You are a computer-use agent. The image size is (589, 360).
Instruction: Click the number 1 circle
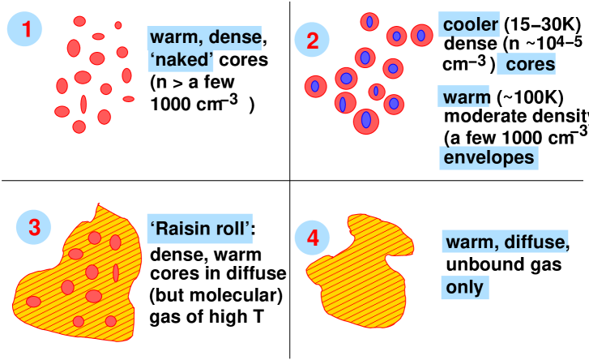pyautogui.click(x=26, y=30)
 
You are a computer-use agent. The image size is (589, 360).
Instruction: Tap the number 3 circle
pyautogui.click(x=34, y=229)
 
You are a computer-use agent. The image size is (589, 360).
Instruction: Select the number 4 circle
pyautogui.click(x=312, y=238)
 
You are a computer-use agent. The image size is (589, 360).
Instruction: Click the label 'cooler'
pyautogui.click(x=470, y=25)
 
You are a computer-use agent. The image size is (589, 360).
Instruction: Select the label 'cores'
pyautogui.click(x=530, y=64)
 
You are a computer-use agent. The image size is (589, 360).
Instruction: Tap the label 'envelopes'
pyautogui.click(x=489, y=157)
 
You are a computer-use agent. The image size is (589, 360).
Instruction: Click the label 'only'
pyautogui.click(x=465, y=287)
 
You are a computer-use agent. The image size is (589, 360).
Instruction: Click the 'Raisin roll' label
pyautogui.click(x=201, y=229)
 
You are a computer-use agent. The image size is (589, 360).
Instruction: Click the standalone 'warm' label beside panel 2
pyautogui.click(x=466, y=98)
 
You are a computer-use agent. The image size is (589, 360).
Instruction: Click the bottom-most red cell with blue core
pyautogui.click(x=366, y=121)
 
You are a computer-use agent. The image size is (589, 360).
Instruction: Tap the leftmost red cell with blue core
pyautogui.click(x=315, y=86)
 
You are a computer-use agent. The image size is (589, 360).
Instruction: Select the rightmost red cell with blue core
pyautogui.click(x=421, y=35)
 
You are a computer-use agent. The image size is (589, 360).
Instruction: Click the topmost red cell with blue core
pyautogui.click(x=369, y=22)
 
